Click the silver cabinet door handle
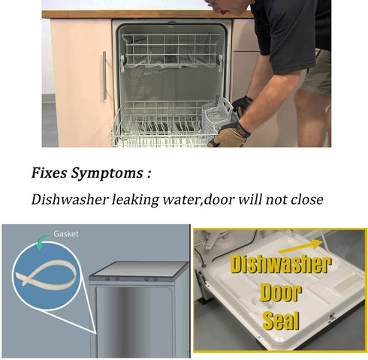click(104, 75)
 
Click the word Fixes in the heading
click(50, 173)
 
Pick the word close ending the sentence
click(306, 199)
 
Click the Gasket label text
click(65, 234)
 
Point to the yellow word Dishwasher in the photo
click(279, 265)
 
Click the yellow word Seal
click(280, 321)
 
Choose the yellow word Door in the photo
click(279, 293)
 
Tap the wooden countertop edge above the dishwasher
click(143, 13)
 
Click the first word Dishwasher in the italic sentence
click(68, 199)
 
